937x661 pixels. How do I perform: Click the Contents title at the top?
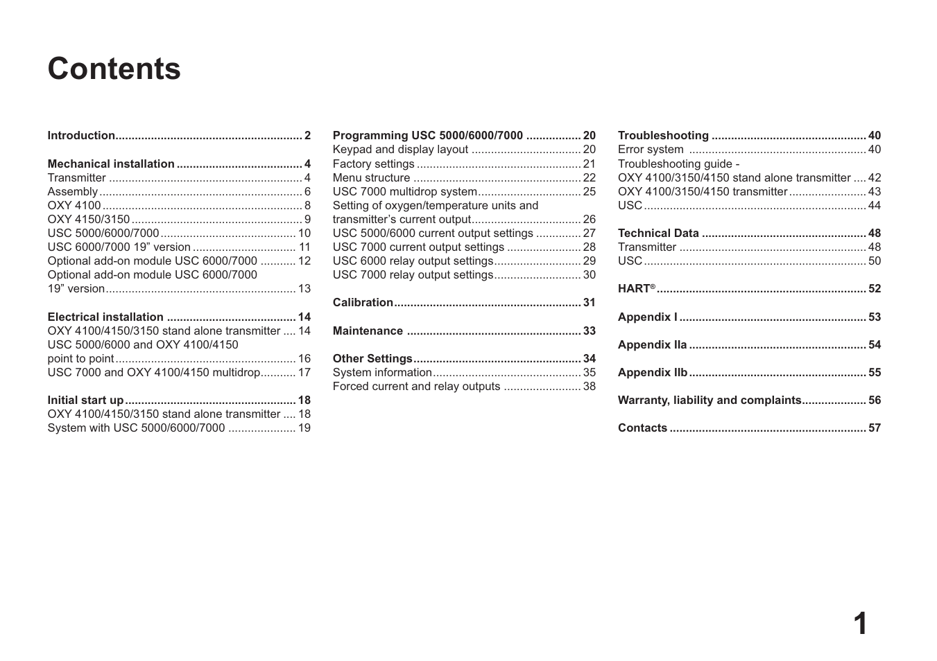tap(114, 69)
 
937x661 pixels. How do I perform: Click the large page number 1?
tap(859, 624)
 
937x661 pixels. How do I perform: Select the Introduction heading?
tap(81, 136)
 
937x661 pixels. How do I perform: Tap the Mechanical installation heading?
tap(111, 164)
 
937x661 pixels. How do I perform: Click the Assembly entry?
tap(72, 192)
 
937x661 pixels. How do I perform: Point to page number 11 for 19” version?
tap(304, 247)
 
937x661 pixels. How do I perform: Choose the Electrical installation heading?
tap(105, 317)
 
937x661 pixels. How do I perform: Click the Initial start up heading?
tap(85, 400)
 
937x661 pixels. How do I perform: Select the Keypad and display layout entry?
tap(400, 150)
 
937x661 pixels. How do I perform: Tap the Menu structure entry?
tap(371, 178)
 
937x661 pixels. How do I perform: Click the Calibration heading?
tap(363, 303)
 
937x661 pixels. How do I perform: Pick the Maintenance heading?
tap(368, 331)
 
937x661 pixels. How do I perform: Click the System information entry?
tap(382, 373)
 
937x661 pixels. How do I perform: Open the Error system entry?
tap(651, 150)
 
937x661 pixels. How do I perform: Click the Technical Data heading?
tap(658, 233)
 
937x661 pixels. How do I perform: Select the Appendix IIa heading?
tap(652, 345)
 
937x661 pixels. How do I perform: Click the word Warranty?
tap(643, 400)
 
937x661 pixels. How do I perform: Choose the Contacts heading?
tap(642, 428)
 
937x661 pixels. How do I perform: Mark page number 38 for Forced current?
tap(589, 387)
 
